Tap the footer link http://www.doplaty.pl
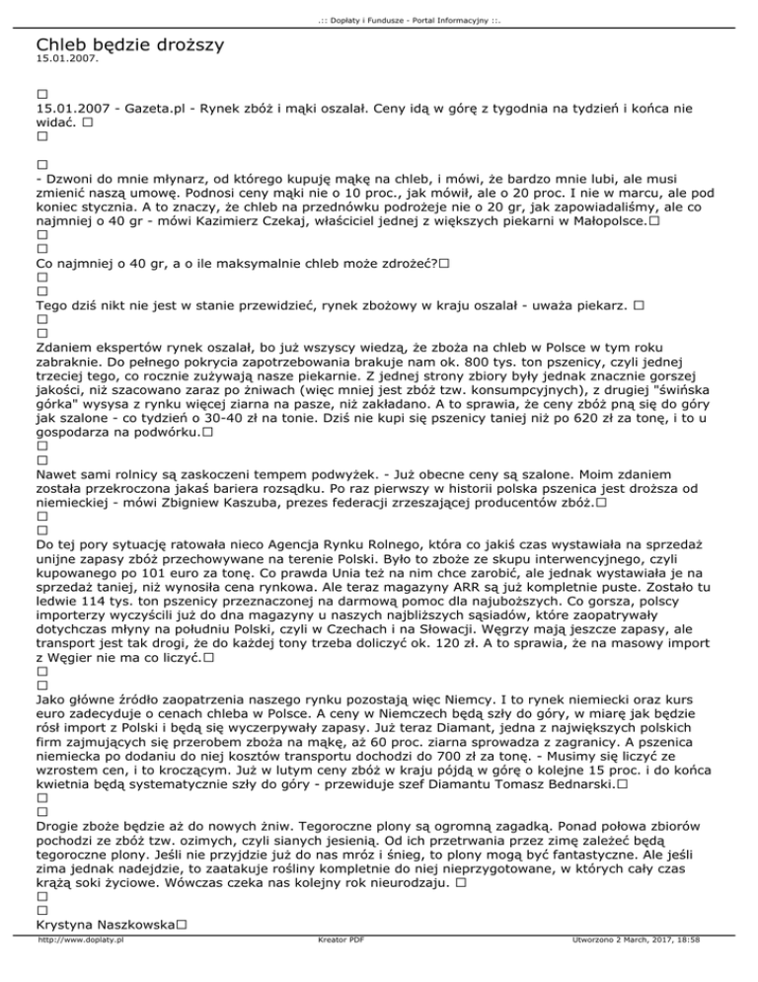(80, 969)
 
